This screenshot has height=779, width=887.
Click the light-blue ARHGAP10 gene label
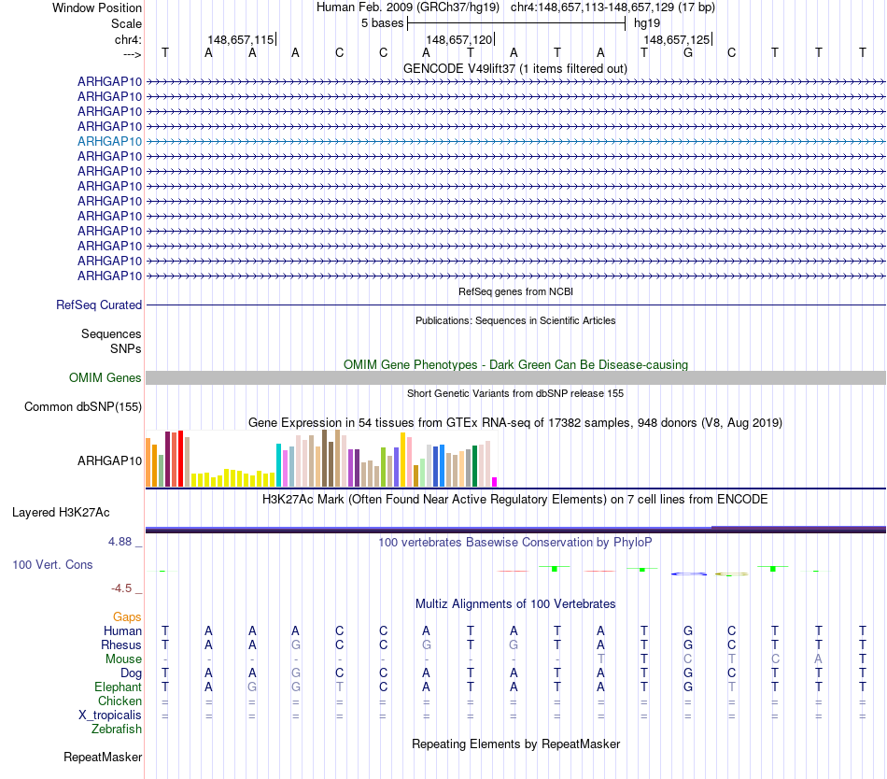(109, 141)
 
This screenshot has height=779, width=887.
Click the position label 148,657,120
(458, 40)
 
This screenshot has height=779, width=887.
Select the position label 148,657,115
(241, 40)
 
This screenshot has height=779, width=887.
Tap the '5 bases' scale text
(382, 23)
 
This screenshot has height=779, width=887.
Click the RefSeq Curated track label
(99, 305)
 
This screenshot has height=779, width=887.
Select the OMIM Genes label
(106, 378)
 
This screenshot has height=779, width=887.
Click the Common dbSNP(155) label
(83, 406)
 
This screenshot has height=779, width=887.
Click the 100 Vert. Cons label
(52, 565)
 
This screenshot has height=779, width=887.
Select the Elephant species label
(118, 687)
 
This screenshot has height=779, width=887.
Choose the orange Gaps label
(127, 617)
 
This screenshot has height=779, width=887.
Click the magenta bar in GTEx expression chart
(495, 482)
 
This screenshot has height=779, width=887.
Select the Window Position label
(97, 7)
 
